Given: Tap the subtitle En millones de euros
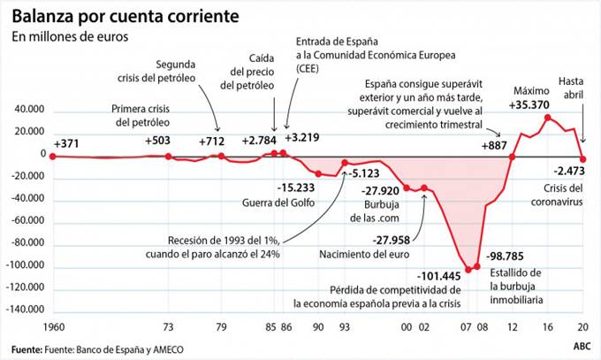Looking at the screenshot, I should [70, 37].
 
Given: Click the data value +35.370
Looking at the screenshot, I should [534, 105].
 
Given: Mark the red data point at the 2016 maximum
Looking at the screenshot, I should [548, 118].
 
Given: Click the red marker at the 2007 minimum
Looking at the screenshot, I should [468, 268].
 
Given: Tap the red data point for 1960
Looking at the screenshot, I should [53, 156].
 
